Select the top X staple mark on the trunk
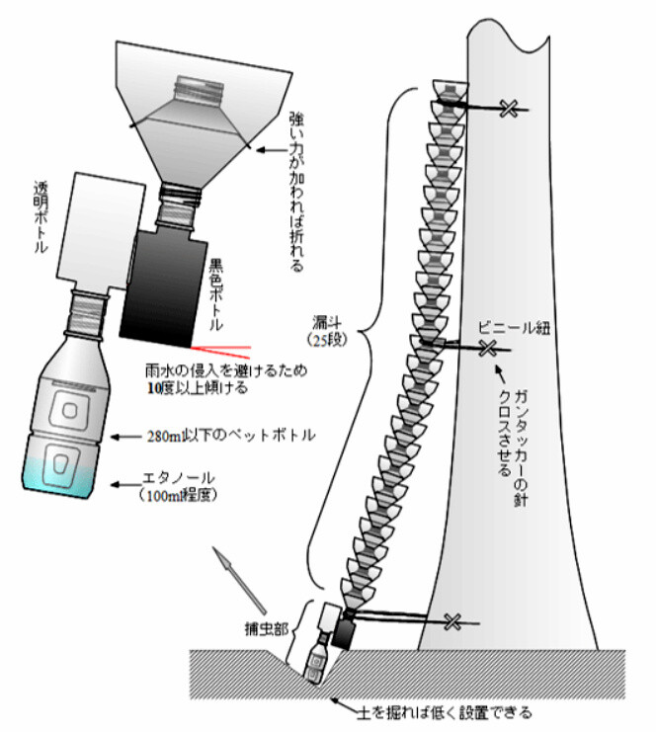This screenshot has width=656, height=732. click(509, 108)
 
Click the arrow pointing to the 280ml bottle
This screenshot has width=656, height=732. click(129, 435)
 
